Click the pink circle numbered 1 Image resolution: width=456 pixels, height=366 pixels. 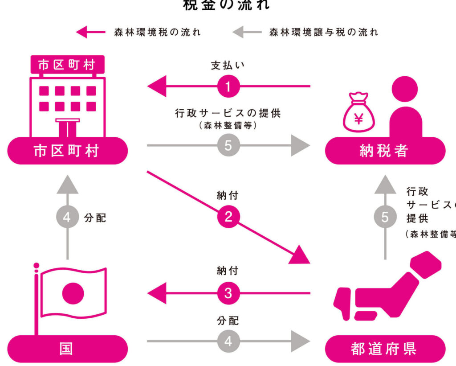point(228,86)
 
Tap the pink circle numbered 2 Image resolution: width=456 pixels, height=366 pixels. point(228,217)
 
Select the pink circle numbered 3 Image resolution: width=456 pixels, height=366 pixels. point(228,293)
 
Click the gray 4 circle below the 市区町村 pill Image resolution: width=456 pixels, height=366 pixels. point(67,218)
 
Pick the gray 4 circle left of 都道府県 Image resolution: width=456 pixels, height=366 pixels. point(228,341)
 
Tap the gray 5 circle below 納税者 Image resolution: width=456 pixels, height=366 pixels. point(385,217)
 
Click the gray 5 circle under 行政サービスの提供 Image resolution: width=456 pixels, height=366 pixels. point(228,145)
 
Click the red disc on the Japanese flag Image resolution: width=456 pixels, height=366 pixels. point(73,293)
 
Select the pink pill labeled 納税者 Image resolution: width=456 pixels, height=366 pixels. point(385,151)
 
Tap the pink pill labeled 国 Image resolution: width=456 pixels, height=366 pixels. point(67,349)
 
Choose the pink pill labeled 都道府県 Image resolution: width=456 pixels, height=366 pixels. point(385,349)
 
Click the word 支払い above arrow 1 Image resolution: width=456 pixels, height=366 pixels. point(228,66)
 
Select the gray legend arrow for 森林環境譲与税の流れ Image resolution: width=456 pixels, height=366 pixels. point(247,32)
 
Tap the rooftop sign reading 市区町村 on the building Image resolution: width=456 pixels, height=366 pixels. point(67,65)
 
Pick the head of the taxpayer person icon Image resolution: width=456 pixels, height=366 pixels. point(406,91)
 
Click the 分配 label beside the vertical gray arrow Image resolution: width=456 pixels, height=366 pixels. point(95,218)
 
